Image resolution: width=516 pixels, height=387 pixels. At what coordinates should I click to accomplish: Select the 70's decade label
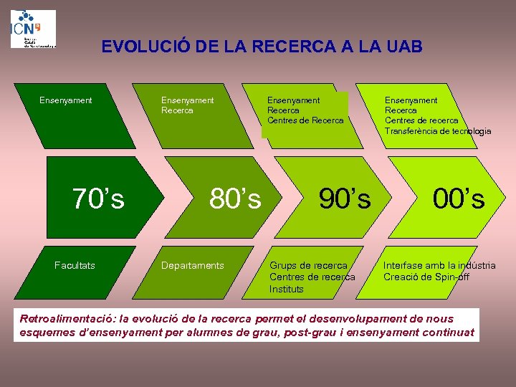pos(99,199)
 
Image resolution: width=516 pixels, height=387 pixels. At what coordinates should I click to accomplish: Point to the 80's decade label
pos(235,199)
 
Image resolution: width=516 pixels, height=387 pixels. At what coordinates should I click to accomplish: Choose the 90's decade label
pos(345,199)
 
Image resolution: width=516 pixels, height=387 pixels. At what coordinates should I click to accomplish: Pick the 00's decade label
pos(459,199)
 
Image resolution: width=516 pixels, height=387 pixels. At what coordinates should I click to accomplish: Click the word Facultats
pos(75,266)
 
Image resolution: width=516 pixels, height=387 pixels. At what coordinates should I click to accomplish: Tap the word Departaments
pos(192,266)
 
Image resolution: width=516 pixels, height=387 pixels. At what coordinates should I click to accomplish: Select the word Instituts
pos(287,290)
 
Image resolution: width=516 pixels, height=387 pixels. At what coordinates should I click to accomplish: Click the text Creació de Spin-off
pos(426,277)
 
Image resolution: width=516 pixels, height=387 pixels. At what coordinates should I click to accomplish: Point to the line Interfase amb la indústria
pos(439,266)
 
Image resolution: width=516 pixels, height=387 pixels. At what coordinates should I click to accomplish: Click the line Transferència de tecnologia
pos(438,131)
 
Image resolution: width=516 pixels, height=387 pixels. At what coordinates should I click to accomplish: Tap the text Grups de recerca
pos(308,266)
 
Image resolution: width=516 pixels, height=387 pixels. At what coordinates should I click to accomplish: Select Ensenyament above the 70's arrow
pos(65,100)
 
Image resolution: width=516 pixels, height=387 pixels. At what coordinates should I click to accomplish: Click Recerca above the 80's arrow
pos(177,110)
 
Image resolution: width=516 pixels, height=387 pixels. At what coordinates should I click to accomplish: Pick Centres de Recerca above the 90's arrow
pos(305,120)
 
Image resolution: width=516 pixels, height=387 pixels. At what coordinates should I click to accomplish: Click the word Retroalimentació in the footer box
pos(69,318)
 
